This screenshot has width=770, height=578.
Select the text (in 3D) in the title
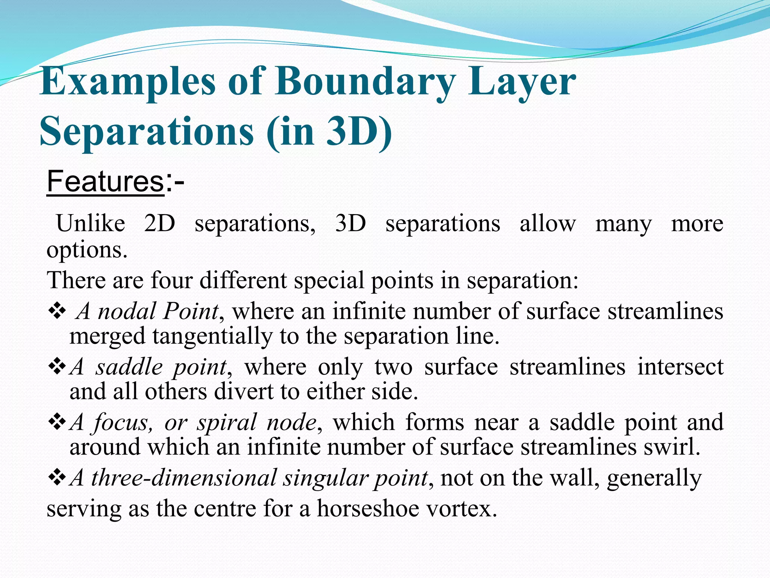click(x=329, y=132)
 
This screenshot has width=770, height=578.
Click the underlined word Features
click(x=105, y=181)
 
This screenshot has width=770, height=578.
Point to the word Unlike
click(x=90, y=224)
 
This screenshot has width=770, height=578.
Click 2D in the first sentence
click(x=159, y=224)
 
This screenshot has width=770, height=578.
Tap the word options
click(x=87, y=250)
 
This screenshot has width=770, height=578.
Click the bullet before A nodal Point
click(x=57, y=312)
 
